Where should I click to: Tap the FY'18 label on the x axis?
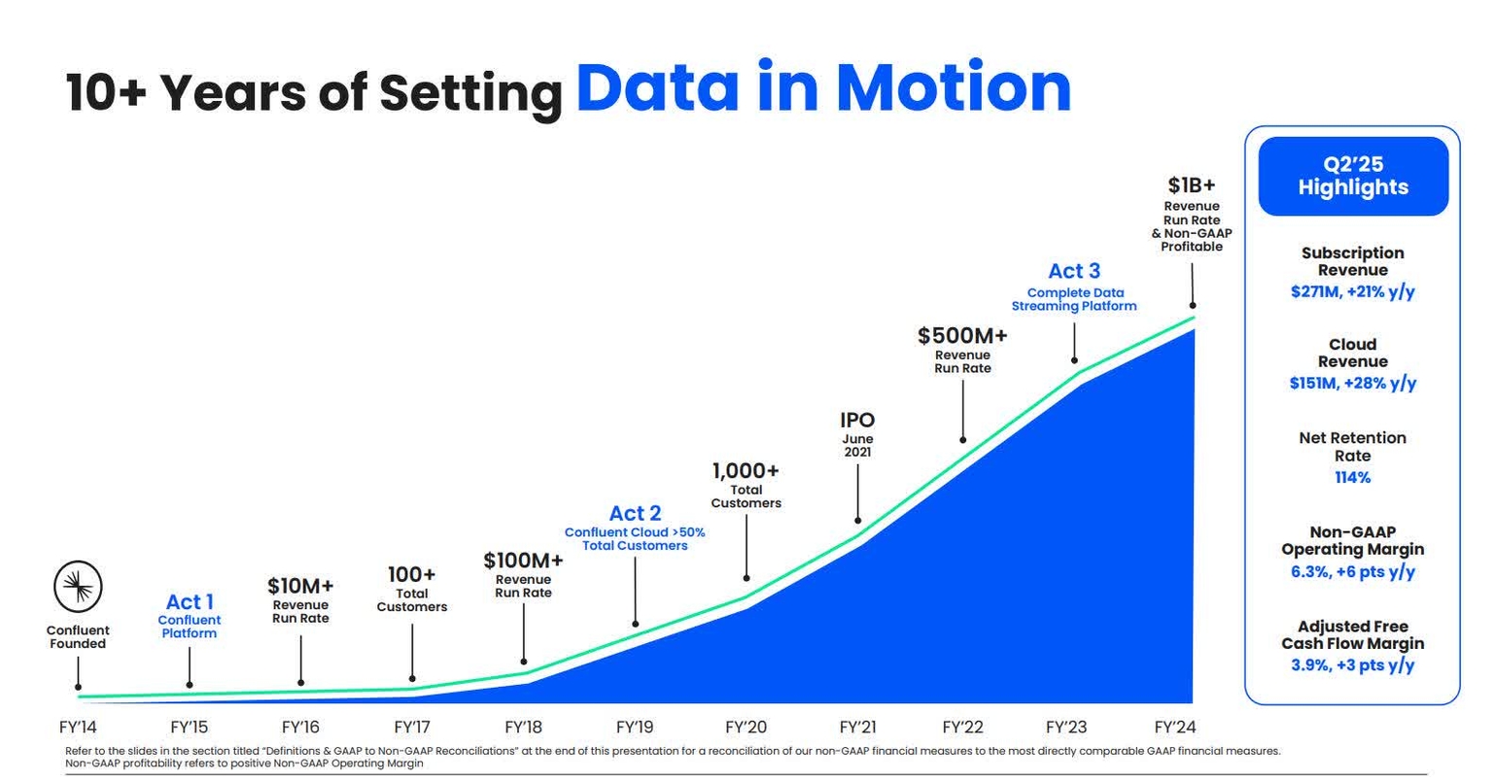[x=523, y=728]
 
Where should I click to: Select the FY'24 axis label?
[x=1175, y=728]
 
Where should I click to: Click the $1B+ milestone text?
[x=1191, y=185]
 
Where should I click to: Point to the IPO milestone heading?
[x=857, y=421]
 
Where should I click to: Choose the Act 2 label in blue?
[x=635, y=513]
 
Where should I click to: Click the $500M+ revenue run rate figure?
[x=962, y=336]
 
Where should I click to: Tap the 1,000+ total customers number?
[x=746, y=471]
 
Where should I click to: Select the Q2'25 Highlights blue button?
[x=1352, y=177]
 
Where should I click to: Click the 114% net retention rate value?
[x=1352, y=478]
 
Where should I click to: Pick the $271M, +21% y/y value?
[x=1352, y=291]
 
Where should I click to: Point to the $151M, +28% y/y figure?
[x=1352, y=383]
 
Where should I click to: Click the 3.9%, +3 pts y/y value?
[x=1352, y=665]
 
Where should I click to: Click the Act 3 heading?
[x=1074, y=271]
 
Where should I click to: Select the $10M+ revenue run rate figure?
[x=300, y=586]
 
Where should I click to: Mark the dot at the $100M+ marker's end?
[x=524, y=661]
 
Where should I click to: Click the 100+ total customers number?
[x=411, y=574]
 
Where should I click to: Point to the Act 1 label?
[x=190, y=601]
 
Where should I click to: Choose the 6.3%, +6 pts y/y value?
[x=1352, y=571]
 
